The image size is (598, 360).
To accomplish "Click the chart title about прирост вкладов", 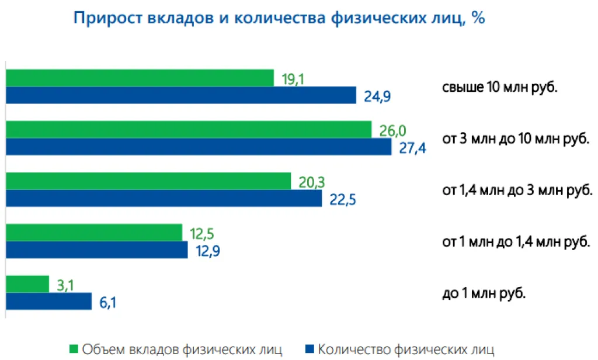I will point(279,18).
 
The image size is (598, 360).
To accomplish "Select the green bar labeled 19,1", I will point(140,78).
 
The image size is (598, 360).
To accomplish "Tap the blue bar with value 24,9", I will point(180,95).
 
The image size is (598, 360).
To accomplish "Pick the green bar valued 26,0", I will point(189,129).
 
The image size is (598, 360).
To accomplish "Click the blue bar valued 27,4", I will point(199,147).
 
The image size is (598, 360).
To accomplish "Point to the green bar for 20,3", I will point(148,181).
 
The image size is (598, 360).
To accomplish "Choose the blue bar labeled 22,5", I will point(164,198).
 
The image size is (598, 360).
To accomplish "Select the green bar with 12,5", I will point(94,233).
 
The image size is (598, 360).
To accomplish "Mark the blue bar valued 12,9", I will point(96,250).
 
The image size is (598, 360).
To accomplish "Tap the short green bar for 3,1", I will point(27,284).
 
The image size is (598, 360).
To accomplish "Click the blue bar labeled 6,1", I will point(49,302).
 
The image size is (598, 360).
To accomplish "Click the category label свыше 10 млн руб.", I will point(500,88).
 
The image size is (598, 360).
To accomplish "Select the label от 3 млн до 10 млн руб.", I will point(516,140).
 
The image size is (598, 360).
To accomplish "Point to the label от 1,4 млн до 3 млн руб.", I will point(517,191).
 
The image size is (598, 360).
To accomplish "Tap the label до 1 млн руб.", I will point(484,293).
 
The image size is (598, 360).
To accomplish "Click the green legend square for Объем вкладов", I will point(74,350).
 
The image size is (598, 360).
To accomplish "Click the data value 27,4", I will point(411,147).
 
